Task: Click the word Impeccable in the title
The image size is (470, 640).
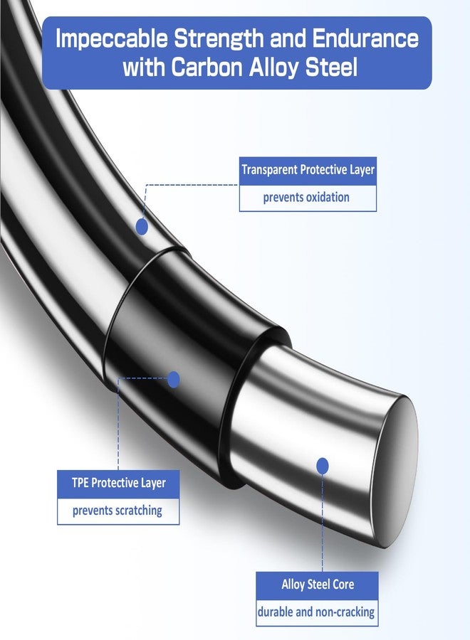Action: click(112, 40)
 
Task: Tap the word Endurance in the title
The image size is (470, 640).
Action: click(365, 38)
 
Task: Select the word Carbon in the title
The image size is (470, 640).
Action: click(207, 67)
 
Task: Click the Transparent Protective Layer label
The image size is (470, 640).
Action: click(308, 169)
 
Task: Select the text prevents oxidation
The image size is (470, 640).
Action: click(306, 198)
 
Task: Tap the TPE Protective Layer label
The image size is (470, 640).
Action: click(119, 483)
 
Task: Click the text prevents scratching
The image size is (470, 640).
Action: click(117, 511)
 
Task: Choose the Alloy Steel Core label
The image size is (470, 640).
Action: click(318, 585)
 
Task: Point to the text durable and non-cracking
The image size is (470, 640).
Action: click(316, 612)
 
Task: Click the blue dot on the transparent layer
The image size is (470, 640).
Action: click(142, 227)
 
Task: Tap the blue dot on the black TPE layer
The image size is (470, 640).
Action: click(174, 380)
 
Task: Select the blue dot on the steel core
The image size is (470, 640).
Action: click(323, 466)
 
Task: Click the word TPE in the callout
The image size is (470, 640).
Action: click(80, 483)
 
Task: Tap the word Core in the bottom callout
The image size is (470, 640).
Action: click(343, 585)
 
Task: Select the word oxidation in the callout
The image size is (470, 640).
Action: click(328, 198)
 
